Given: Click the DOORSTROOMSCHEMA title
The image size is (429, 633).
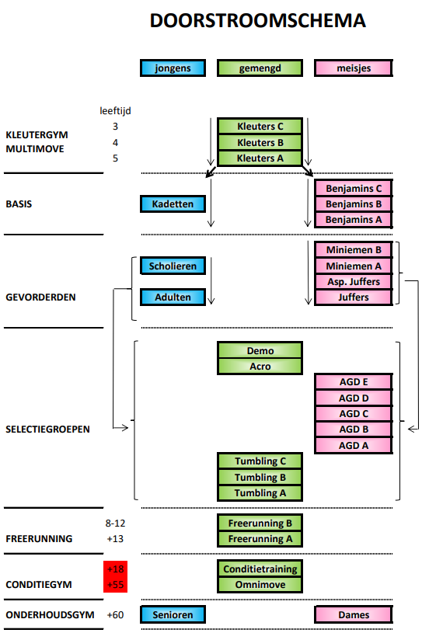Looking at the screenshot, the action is [x=258, y=21].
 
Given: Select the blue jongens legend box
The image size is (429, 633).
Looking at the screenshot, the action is [x=173, y=68].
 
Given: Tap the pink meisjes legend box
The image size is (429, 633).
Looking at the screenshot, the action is [x=354, y=68].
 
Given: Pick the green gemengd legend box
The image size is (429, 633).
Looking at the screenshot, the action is [x=260, y=68].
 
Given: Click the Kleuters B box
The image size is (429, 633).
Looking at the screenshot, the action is [x=260, y=142].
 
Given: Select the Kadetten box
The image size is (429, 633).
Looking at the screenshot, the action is [x=173, y=203].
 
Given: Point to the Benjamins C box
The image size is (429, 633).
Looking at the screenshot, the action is [x=354, y=188].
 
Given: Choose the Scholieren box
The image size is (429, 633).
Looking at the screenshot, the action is [x=173, y=266].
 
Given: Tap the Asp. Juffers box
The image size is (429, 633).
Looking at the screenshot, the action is [x=354, y=281].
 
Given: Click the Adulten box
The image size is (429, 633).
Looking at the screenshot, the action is [x=173, y=297].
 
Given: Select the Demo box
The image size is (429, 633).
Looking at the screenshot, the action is [x=260, y=350].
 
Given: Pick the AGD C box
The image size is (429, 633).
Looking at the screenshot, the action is [x=354, y=414].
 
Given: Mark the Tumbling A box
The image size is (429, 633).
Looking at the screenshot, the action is [x=260, y=493].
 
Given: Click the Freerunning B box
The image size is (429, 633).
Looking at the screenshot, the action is [x=260, y=523].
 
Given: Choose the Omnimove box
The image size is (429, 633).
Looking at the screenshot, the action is [x=260, y=585].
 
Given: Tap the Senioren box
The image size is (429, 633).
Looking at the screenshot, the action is [x=173, y=614].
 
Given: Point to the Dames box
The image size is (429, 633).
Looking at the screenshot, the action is [x=354, y=614].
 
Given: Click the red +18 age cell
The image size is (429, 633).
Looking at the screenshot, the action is [x=116, y=569].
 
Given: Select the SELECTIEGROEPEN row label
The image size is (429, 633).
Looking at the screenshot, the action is [x=47, y=430].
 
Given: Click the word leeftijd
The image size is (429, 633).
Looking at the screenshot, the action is [x=116, y=110].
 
